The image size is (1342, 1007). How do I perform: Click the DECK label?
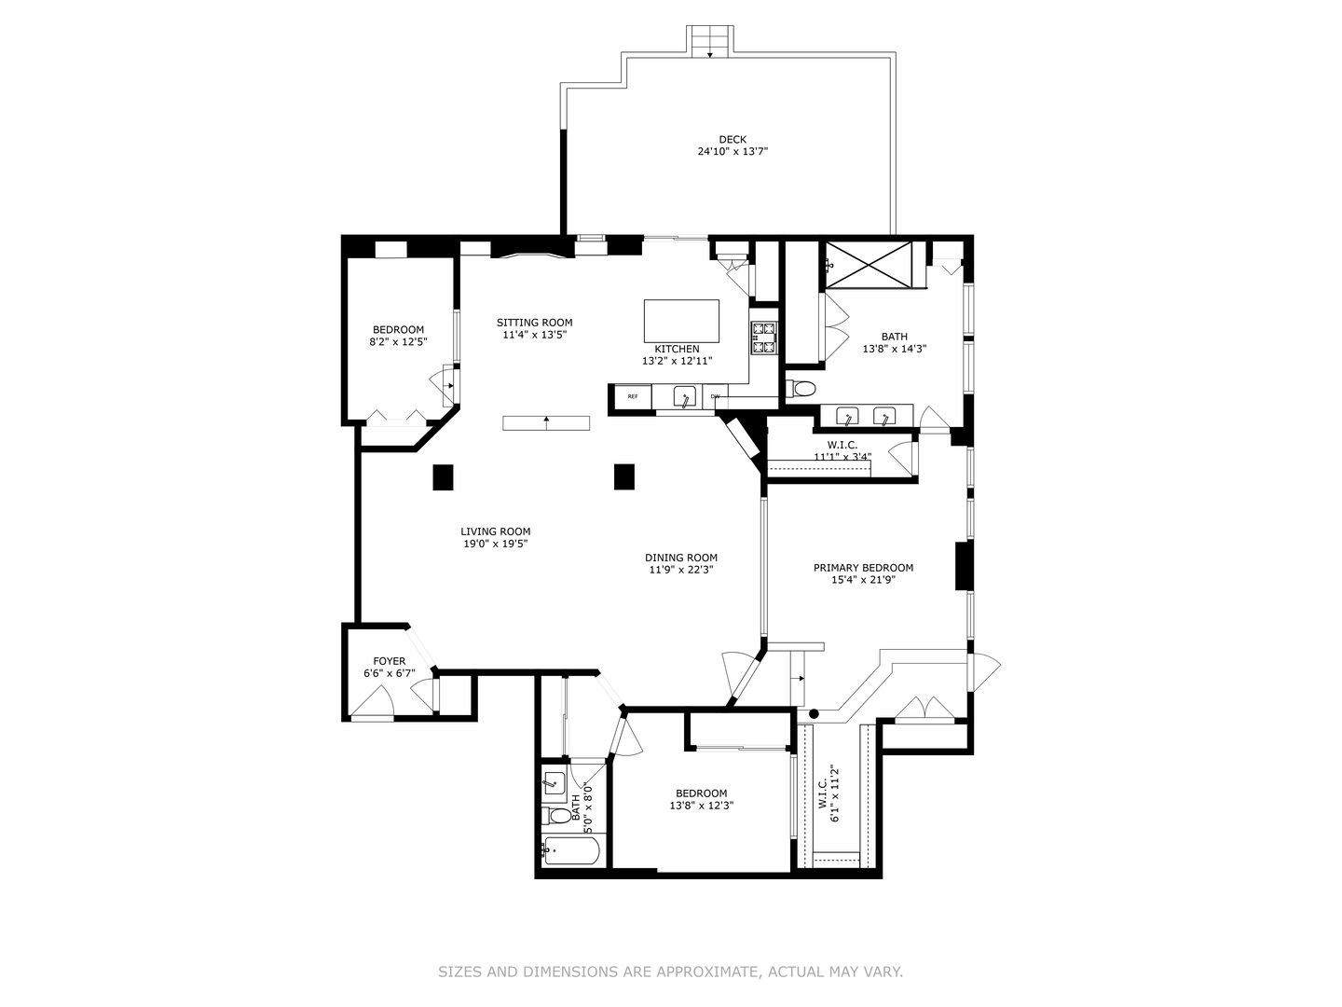[x=732, y=140]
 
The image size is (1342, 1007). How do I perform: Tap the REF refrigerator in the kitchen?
[x=632, y=397]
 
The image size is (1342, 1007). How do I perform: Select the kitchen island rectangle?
[x=681, y=321]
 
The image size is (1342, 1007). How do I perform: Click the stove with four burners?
[x=764, y=338]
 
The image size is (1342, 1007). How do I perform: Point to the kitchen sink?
[x=685, y=397]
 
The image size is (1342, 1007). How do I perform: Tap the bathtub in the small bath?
[x=571, y=850]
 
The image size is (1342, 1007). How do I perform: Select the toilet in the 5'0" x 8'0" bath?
[x=554, y=815]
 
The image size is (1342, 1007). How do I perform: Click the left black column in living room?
[x=444, y=476]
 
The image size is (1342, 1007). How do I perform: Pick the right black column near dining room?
[x=624, y=476]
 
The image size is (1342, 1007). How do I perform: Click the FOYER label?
[x=390, y=661]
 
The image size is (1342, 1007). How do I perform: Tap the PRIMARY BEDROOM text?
[x=863, y=568]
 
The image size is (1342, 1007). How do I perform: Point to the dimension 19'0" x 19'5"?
[x=495, y=544]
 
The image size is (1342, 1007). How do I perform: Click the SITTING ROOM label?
[x=534, y=323]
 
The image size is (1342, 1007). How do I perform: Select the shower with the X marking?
[x=869, y=264]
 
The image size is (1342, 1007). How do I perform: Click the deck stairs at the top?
[x=710, y=42]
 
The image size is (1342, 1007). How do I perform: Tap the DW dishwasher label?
[x=715, y=396]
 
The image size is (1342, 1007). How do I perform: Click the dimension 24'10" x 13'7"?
[x=733, y=151]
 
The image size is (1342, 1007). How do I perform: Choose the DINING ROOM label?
[x=681, y=558]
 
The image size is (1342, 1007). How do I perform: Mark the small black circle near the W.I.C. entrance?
[x=814, y=713]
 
